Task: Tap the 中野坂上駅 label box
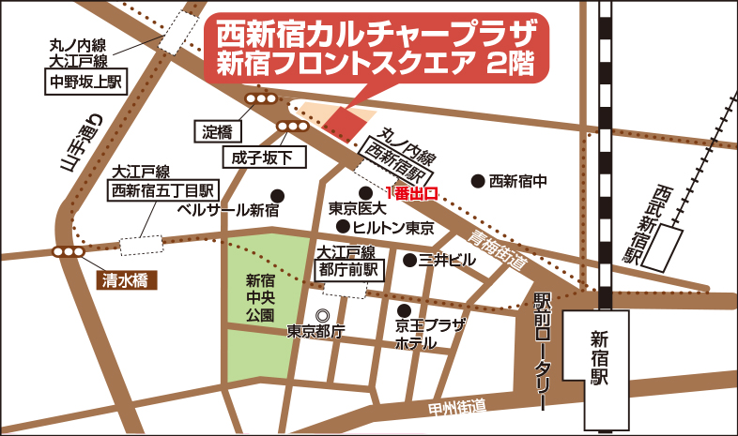[85, 83]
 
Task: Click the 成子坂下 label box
[265, 156]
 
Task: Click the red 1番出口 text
[412, 194]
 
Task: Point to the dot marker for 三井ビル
[409, 259]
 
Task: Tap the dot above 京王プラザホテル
[404, 310]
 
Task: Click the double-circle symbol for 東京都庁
[323, 315]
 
